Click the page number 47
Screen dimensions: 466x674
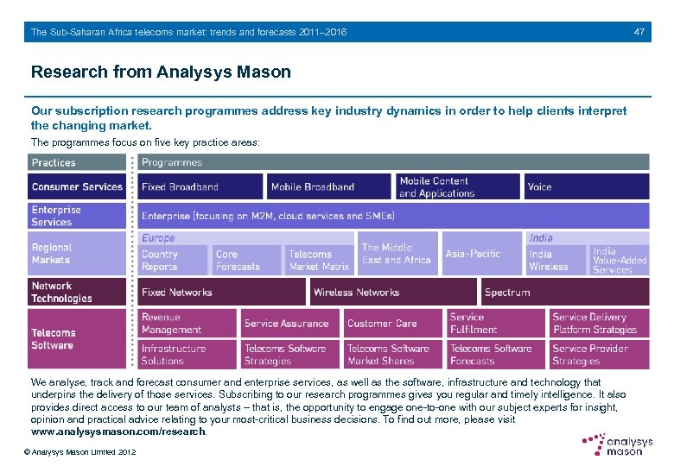(x=639, y=32)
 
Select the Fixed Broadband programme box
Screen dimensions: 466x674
(x=200, y=186)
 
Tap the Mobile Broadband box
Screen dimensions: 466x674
(x=328, y=186)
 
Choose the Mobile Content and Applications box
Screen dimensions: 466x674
(x=457, y=186)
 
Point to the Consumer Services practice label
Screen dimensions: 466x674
(x=77, y=186)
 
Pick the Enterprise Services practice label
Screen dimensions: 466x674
(x=77, y=216)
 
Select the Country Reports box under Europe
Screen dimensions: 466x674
(x=173, y=261)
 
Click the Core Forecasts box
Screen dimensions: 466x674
(x=246, y=261)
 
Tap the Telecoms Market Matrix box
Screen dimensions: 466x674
(x=319, y=261)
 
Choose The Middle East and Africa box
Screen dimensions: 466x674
(x=397, y=254)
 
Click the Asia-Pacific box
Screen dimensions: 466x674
(x=481, y=254)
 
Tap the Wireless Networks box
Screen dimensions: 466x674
(x=392, y=292)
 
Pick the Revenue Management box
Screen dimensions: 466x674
(x=187, y=324)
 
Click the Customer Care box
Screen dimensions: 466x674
(x=392, y=324)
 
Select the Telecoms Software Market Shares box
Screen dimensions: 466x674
(x=392, y=355)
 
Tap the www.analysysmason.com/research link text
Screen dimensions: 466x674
(x=118, y=431)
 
